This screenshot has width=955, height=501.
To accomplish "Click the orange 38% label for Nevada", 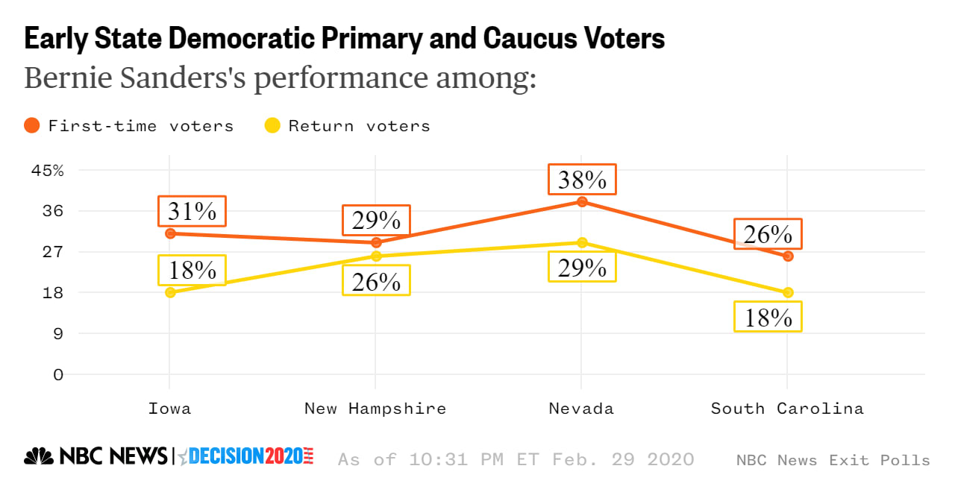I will tap(582, 180).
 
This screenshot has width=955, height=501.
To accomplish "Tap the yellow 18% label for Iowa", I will tap(192, 270).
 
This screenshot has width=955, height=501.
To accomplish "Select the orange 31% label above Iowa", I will tap(192, 212).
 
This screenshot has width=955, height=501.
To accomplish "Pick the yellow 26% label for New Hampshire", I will tap(376, 281).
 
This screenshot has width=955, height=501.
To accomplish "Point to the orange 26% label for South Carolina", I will tap(768, 234).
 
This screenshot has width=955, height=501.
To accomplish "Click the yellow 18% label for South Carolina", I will tap(768, 317).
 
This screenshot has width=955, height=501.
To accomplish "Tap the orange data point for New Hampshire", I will tap(376, 242).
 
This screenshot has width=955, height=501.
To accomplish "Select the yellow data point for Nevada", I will tap(582, 242).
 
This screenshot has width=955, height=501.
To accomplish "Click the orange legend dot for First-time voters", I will tap(31, 125).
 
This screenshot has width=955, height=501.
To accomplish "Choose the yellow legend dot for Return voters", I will tap(272, 125).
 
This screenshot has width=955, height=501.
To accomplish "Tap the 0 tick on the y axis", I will tap(57, 374).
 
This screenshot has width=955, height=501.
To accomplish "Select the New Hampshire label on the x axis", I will tap(375, 409).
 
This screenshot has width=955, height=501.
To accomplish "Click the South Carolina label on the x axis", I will tap(787, 409).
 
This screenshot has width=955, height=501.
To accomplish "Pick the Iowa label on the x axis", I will tap(169, 409).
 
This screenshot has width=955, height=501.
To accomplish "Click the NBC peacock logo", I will tap(39, 456).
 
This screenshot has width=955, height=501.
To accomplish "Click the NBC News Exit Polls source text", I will tap(833, 460).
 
